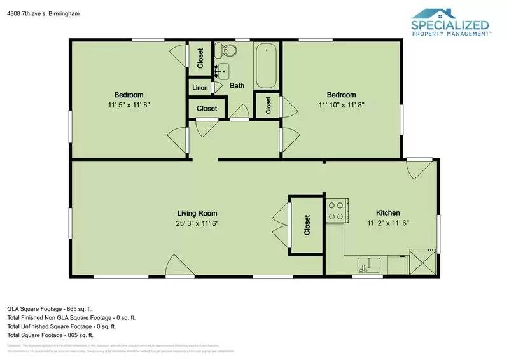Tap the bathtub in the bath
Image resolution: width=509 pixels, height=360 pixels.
266,66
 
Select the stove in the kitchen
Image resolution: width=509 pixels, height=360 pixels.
335,211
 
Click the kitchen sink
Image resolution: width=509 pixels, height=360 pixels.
368,263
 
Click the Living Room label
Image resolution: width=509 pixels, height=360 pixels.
197,213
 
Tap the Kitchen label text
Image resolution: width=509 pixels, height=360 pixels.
388,213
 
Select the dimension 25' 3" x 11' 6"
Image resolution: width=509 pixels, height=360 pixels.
197,223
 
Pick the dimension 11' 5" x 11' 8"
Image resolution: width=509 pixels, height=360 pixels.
129,105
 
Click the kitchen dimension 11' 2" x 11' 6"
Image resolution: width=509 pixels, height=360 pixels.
388,223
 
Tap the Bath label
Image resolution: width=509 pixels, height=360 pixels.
237,86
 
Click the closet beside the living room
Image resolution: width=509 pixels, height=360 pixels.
307,225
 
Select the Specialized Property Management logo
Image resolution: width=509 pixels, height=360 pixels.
450,24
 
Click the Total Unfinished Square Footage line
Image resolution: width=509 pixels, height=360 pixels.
61,326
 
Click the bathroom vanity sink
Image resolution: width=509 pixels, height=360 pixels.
222,69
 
